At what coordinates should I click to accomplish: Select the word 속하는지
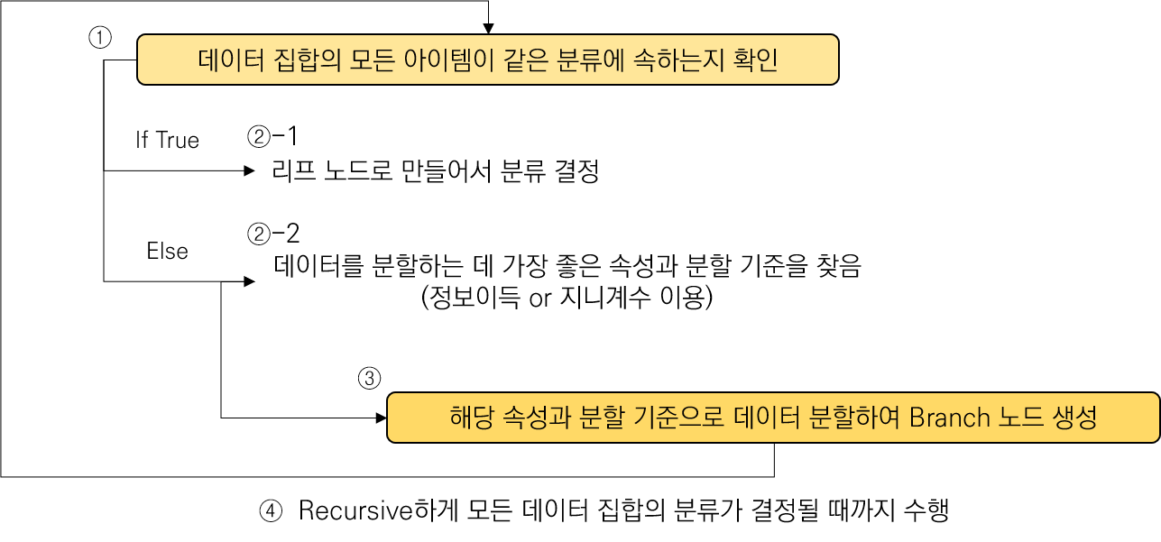pyautogui.click(x=661, y=60)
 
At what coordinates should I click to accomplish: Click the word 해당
pyautogui.click(x=469, y=418)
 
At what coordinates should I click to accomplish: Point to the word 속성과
pyautogui.click(x=537, y=418)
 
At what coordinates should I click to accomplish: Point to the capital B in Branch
pyautogui.click(x=916, y=418)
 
